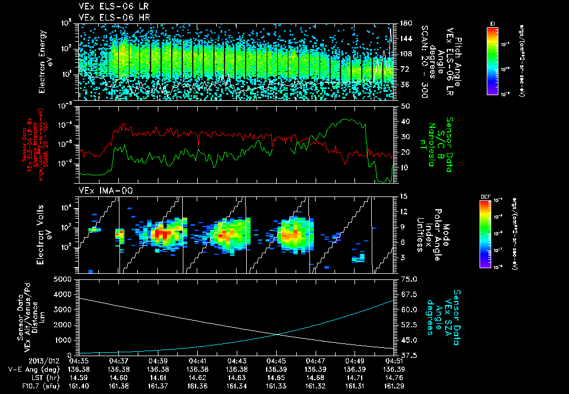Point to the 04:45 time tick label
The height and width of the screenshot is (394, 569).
[276, 360]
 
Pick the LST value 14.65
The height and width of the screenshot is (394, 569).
[276, 377]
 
